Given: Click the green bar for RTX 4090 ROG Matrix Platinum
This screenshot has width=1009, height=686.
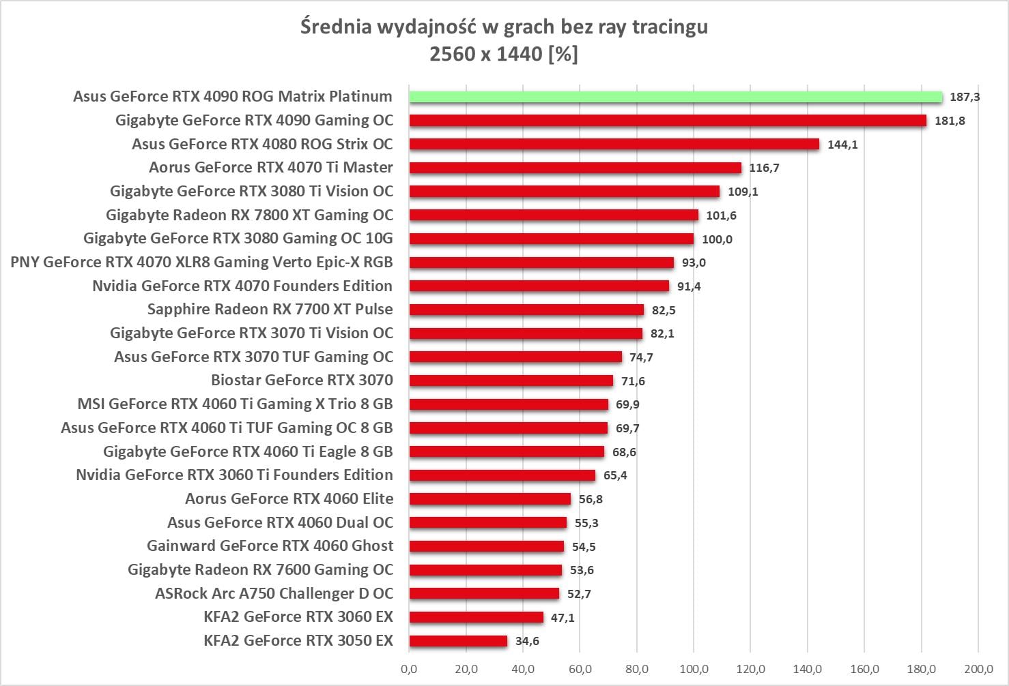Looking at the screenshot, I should point(676,97).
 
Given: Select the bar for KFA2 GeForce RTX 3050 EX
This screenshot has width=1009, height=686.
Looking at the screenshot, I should point(459,641).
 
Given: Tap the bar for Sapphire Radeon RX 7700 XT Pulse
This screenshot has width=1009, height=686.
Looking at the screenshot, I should point(526,310).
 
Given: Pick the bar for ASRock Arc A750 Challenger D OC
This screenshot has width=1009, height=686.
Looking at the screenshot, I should point(484,594).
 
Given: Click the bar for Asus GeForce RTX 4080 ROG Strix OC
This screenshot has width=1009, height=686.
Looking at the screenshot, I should point(614,144).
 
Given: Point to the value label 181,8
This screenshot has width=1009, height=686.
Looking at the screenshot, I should point(950,121).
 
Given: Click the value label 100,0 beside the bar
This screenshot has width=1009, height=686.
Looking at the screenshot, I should point(717,239).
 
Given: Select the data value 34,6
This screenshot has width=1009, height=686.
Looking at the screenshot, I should point(527,641).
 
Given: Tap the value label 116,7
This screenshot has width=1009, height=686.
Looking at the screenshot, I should point(764,168).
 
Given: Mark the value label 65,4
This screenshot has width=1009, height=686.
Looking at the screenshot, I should point(615,475).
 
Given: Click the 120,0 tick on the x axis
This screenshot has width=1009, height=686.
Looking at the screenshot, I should point(750,669).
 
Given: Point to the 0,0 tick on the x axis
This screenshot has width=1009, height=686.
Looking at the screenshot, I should point(409,669).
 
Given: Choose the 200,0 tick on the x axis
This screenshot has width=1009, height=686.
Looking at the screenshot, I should point(978,669).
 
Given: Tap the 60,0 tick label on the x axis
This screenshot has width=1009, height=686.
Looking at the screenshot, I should point(580,669).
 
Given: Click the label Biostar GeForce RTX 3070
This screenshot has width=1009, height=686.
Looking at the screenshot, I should point(302,381).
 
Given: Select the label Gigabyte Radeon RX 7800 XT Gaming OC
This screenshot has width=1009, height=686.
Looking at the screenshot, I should point(249,215).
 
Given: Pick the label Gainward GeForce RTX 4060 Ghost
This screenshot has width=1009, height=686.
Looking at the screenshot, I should point(270,546).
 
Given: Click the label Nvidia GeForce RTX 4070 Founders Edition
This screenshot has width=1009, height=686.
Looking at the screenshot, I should point(242,286).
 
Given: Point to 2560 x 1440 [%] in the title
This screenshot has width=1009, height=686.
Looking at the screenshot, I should point(504,54).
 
